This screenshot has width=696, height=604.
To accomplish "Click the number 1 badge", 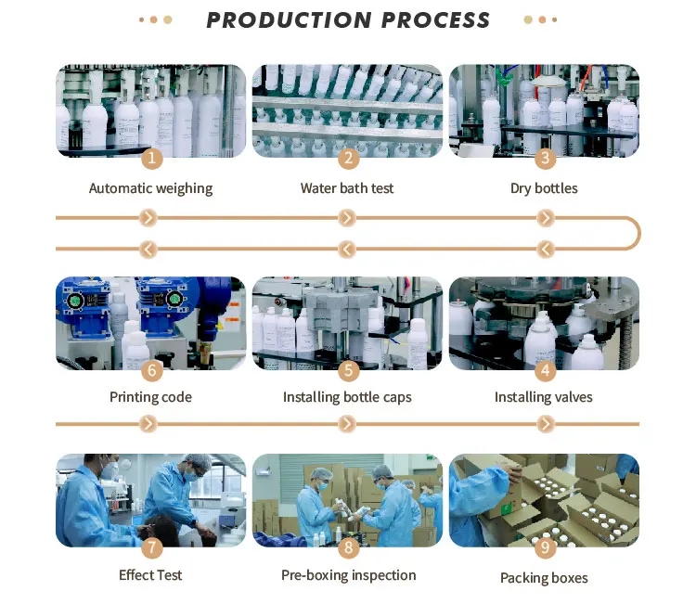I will (151, 158).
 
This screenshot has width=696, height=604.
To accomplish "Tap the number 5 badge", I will (348, 370).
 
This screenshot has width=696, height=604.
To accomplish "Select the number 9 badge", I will (545, 547).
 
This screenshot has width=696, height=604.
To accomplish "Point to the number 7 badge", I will (151, 547).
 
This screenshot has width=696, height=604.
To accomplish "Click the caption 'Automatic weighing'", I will (150, 188).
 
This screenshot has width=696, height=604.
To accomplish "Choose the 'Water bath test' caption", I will (347, 188).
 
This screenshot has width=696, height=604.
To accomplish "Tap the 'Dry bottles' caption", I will (544, 188).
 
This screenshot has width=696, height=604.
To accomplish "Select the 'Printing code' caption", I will (150, 397).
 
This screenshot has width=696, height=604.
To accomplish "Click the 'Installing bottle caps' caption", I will (347, 397).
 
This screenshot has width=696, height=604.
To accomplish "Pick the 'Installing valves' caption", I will (544, 397).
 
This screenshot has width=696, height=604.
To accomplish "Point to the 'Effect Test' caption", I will (150, 575).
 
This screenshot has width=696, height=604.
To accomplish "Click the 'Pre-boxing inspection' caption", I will (348, 575).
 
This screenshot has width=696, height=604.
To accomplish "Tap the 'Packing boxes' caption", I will (544, 578).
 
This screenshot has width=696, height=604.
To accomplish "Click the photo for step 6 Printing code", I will (151, 320).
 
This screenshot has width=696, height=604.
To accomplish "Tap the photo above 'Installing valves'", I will (545, 320).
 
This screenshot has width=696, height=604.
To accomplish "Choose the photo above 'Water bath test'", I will (348, 109).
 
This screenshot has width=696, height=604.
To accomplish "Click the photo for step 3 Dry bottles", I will (545, 109).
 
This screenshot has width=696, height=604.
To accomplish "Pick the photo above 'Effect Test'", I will (151, 499).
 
